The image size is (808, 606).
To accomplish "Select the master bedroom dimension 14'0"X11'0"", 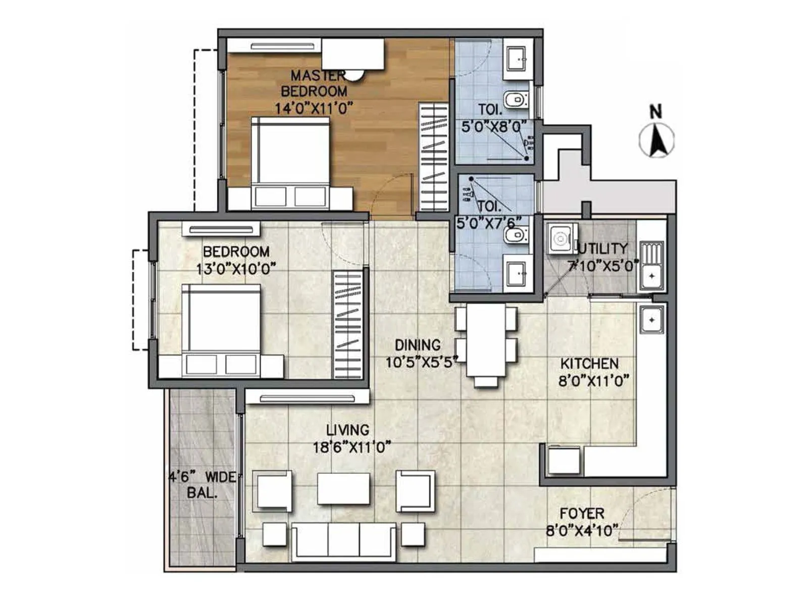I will click(x=313, y=108).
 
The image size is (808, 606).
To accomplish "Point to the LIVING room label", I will click(x=347, y=430).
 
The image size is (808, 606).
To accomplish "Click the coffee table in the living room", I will click(x=343, y=488).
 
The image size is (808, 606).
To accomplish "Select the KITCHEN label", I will click(x=589, y=364).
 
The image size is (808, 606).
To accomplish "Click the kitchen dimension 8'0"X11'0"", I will click(x=593, y=380).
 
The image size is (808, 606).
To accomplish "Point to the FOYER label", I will click(x=582, y=514).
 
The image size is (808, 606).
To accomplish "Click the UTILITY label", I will click(x=603, y=248).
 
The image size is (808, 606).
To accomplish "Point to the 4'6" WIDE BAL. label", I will click(x=202, y=485).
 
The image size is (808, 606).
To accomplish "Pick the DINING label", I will click(x=417, y=345).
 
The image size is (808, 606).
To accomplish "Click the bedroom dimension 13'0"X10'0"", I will click(x=236, y=269).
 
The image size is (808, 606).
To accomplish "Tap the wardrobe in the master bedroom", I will click(x=433, y=157).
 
